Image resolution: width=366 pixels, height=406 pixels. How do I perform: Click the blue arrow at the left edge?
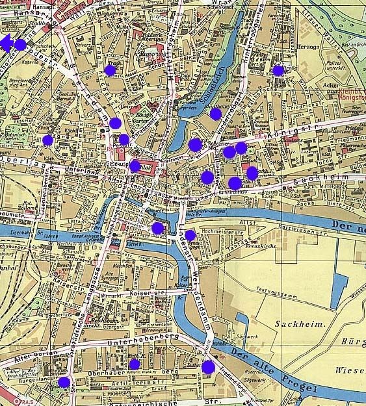tap(6, 44)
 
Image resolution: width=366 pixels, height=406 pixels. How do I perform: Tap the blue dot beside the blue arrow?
tap(20, 45)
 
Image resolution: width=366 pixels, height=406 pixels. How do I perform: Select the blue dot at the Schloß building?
tap(135, 166)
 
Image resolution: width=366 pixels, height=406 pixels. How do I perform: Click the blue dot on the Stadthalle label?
tap(216, 114)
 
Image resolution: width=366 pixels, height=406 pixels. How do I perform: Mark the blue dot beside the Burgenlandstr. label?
tap(64, 382)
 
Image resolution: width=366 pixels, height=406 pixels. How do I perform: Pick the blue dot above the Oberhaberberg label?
tap(134, 364)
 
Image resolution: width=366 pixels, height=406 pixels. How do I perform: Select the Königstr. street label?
tap(300, 128)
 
